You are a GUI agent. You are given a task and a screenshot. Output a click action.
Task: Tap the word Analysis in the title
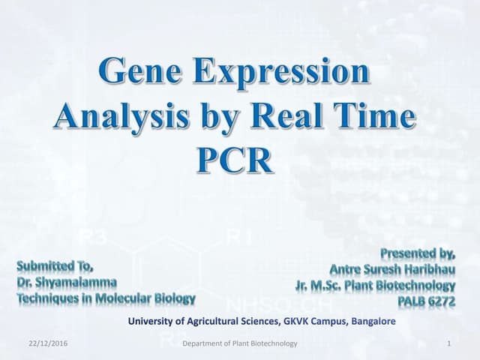[x=119, y=118]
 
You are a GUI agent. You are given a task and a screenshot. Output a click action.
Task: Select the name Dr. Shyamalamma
[x=67, y=281]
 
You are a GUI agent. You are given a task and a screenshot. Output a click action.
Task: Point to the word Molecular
[x=130, y=298]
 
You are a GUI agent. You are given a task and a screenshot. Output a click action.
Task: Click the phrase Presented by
[x=418, y=253]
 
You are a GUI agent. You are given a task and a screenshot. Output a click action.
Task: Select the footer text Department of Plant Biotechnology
[x=240, y=343]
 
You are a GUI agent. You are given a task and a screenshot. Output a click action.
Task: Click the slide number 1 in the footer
[x=447, y=343]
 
